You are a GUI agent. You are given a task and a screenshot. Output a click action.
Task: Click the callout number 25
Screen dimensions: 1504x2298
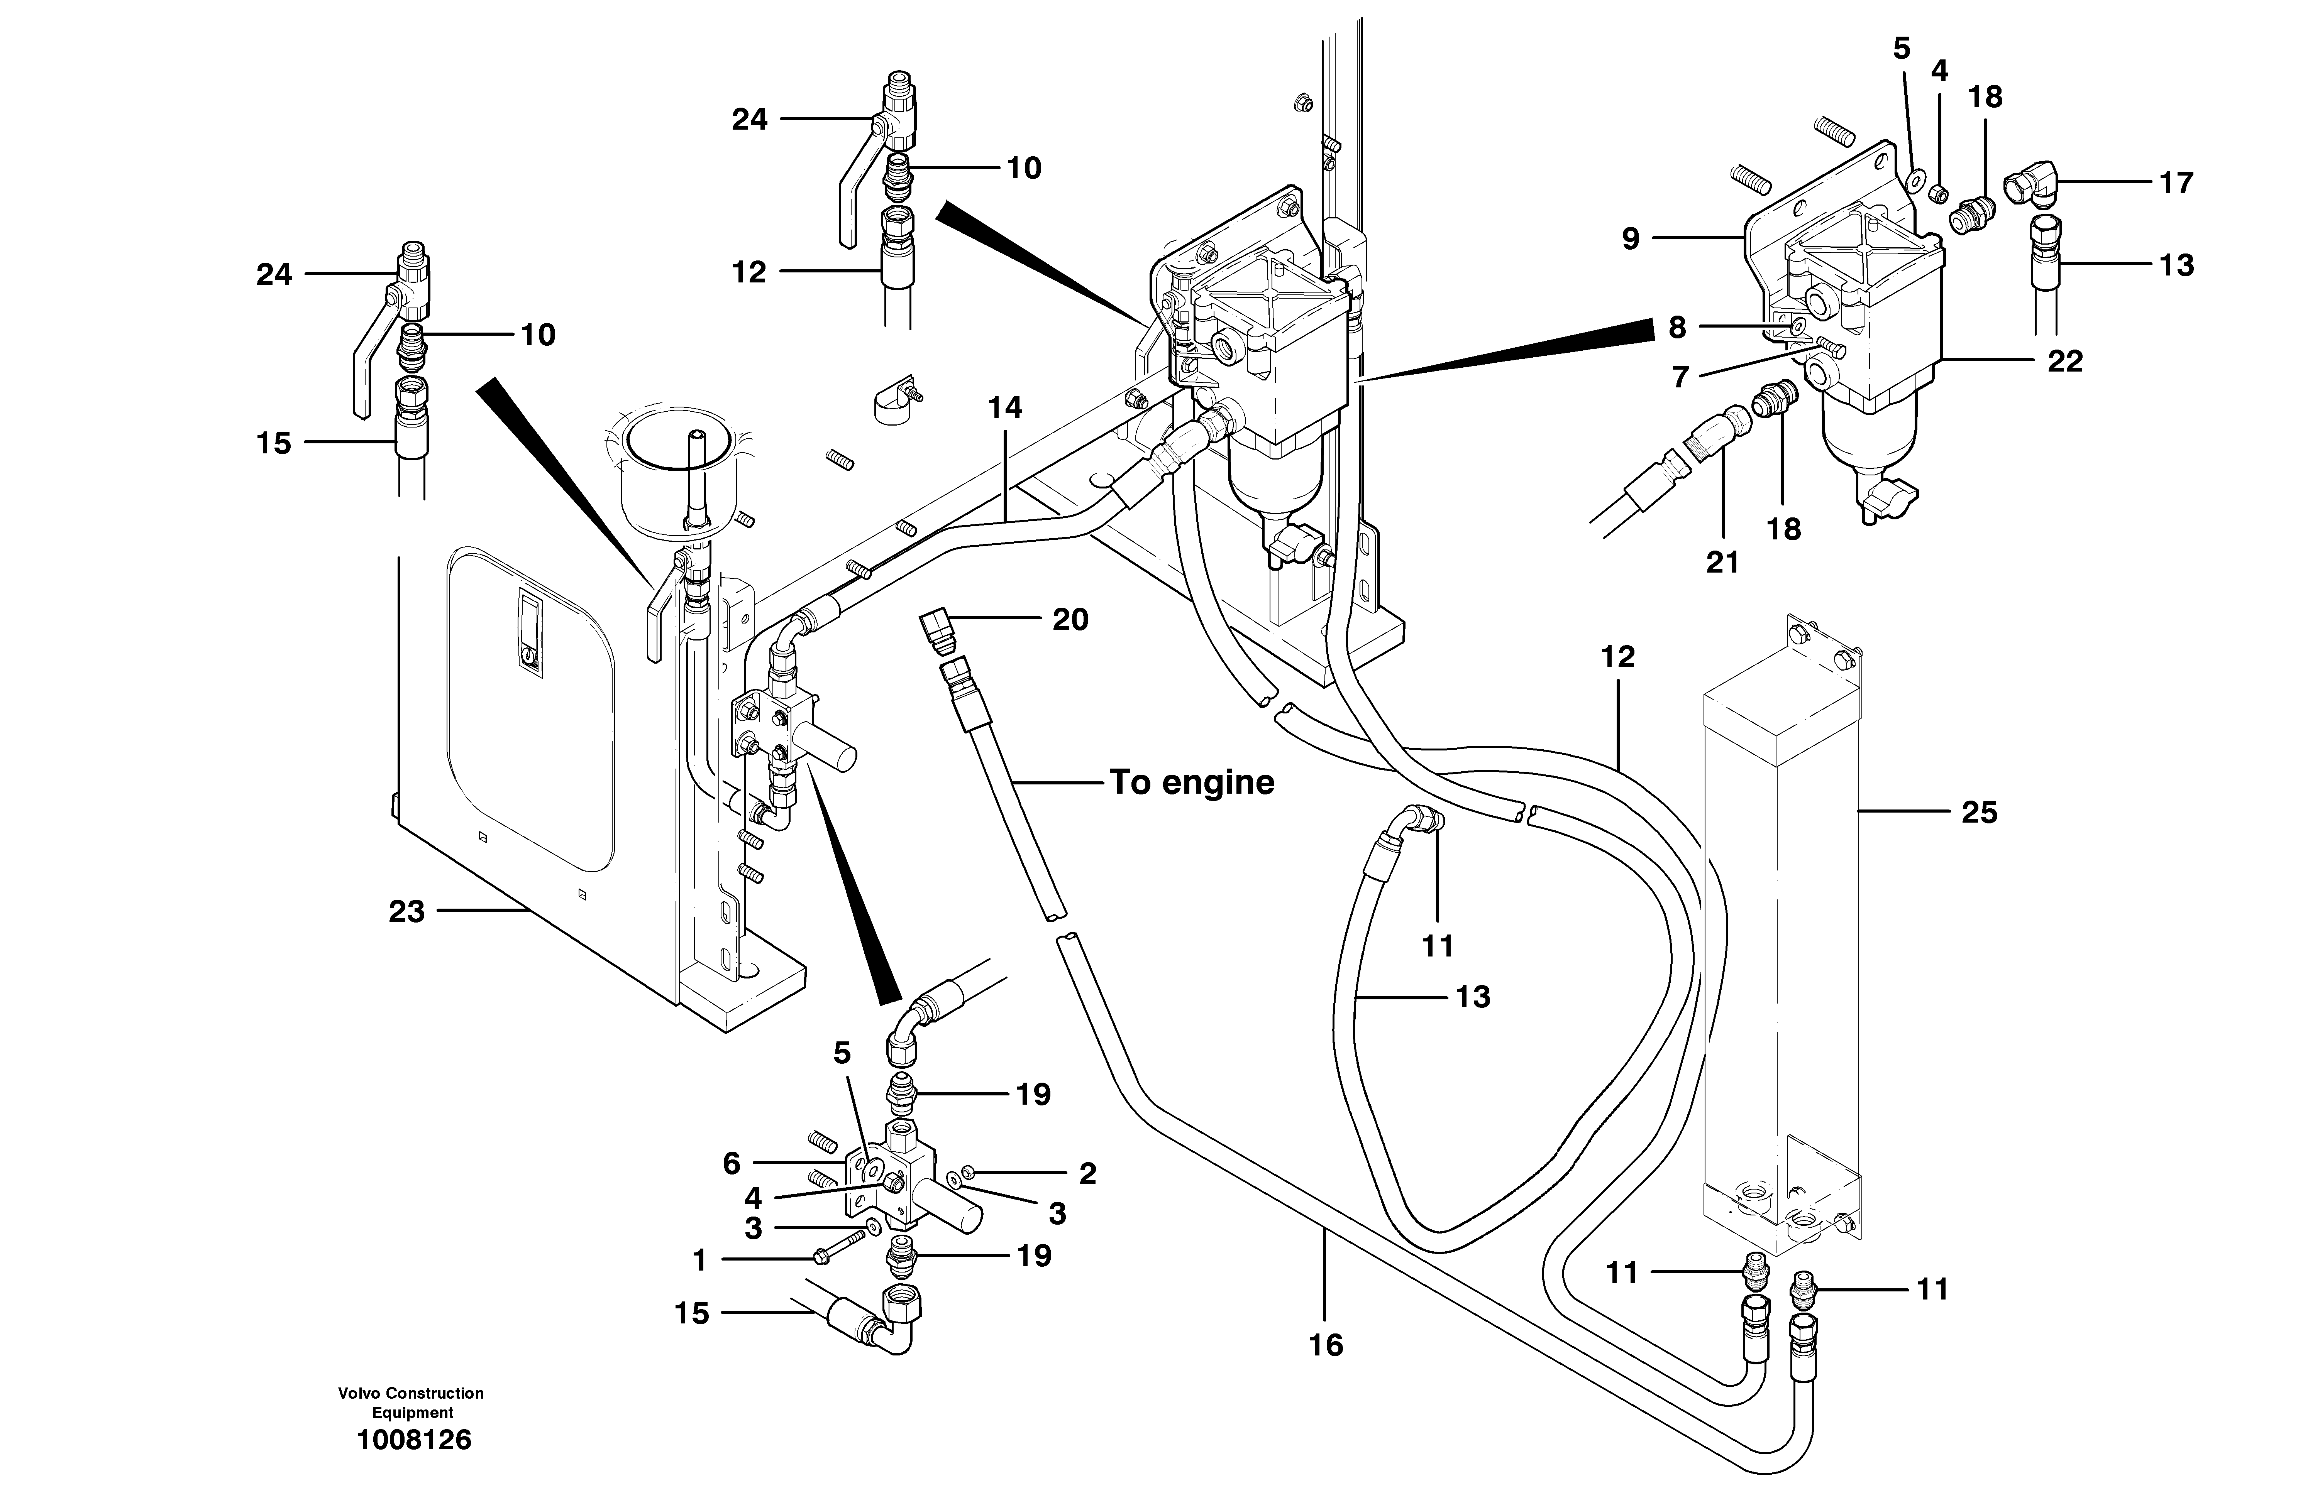pyautogui.click(x=1978, y=813)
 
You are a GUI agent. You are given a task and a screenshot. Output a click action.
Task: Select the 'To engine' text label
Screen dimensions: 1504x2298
pyautogui.click(x=1192, y=782)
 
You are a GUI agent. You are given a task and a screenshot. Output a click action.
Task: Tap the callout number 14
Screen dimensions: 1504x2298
pyautogui.click(x=1004, y=408)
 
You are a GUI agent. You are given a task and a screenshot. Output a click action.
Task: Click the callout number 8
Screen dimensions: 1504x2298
pyautogui.click(x=1677, y=328)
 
